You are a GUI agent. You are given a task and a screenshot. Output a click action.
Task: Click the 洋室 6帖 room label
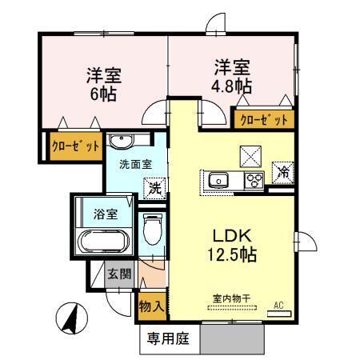(104, 83)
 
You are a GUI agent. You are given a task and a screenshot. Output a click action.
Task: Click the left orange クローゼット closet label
(75, 146)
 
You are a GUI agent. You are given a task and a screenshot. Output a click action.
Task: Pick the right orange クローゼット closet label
(263, 120)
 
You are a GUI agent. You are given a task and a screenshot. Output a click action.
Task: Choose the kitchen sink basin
(220, 180)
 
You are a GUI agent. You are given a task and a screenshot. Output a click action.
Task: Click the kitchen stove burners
(255, 180)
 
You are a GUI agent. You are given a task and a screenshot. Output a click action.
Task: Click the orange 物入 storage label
(151, 306)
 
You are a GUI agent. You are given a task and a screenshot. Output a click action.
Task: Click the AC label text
(279, 305)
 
